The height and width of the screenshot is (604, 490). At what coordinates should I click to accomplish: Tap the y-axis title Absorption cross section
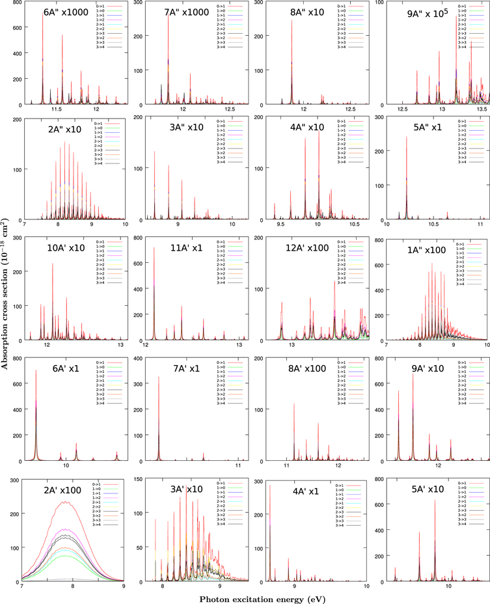click(6, 301)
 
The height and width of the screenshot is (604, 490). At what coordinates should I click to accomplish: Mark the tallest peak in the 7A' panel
click(159, 377)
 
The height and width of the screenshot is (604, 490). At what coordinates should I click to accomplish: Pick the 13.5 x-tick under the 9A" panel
click(482, 109)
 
